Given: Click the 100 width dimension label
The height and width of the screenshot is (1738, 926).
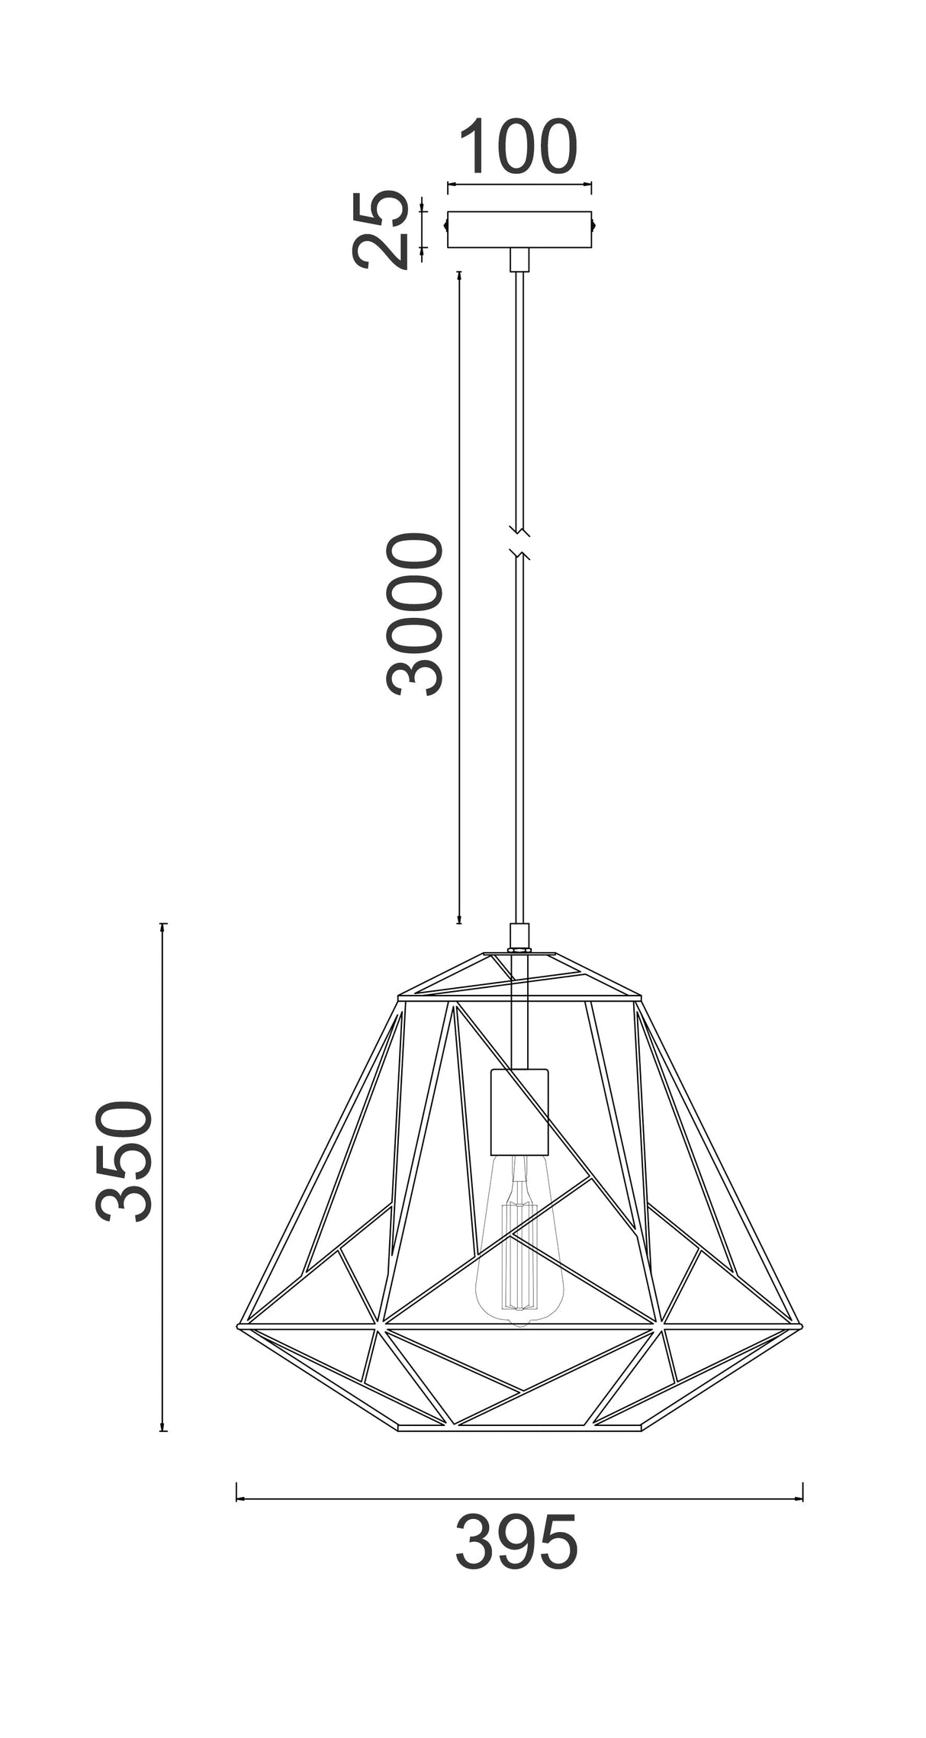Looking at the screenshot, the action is tap(519, 146).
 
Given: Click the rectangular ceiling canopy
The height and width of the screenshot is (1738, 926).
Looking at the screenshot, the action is tap(519, 230).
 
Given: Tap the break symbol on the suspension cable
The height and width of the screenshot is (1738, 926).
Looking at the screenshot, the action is tap(519, 540).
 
